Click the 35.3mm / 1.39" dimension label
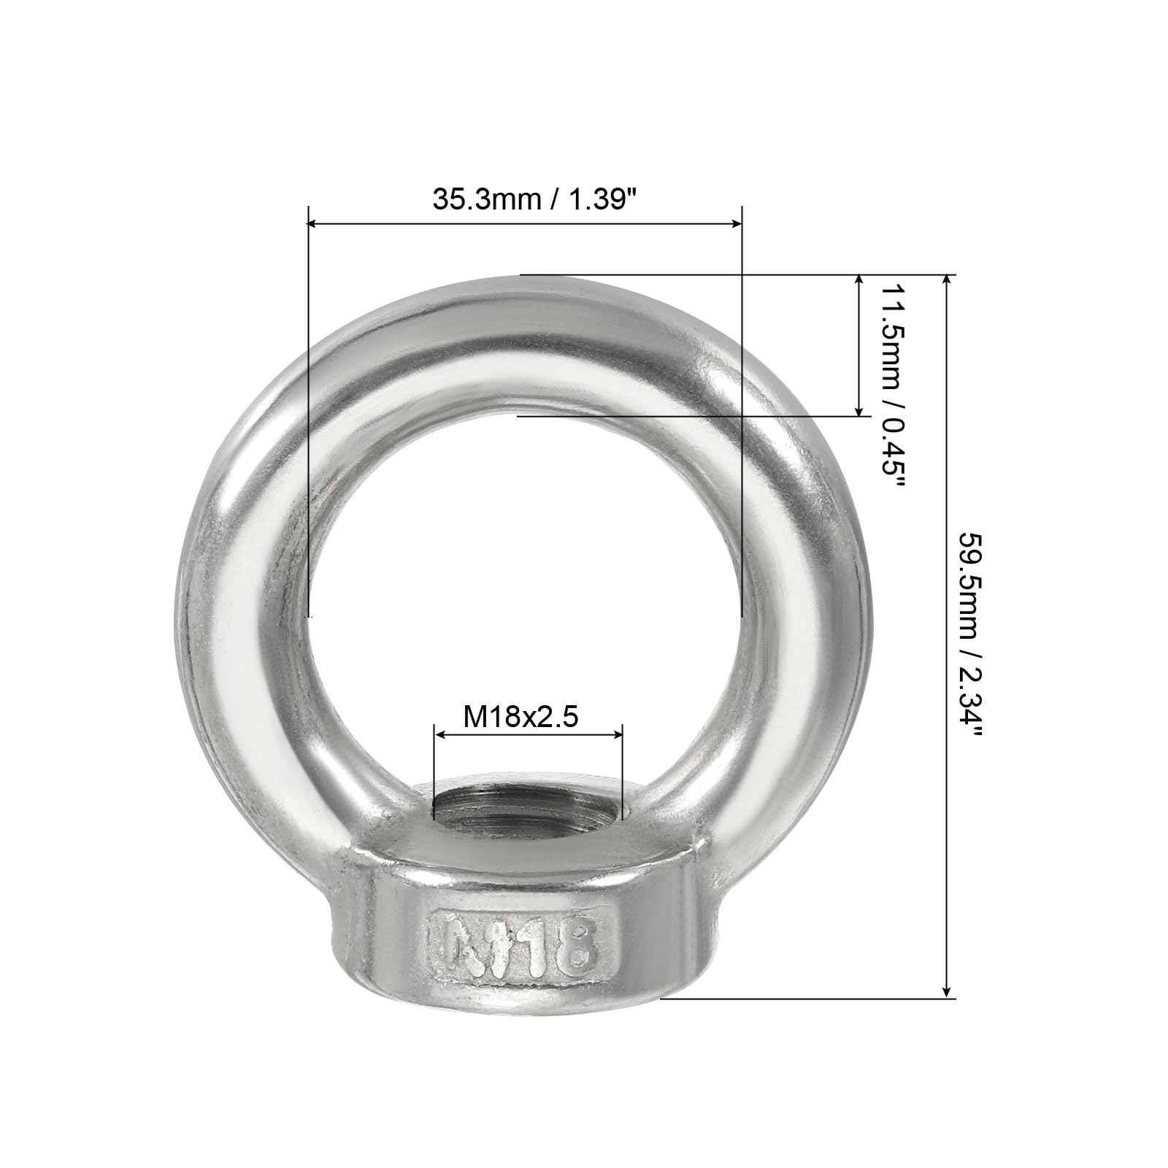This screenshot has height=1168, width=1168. click(x=531, y=199)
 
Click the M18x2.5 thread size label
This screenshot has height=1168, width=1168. click(x=521, y=717)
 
